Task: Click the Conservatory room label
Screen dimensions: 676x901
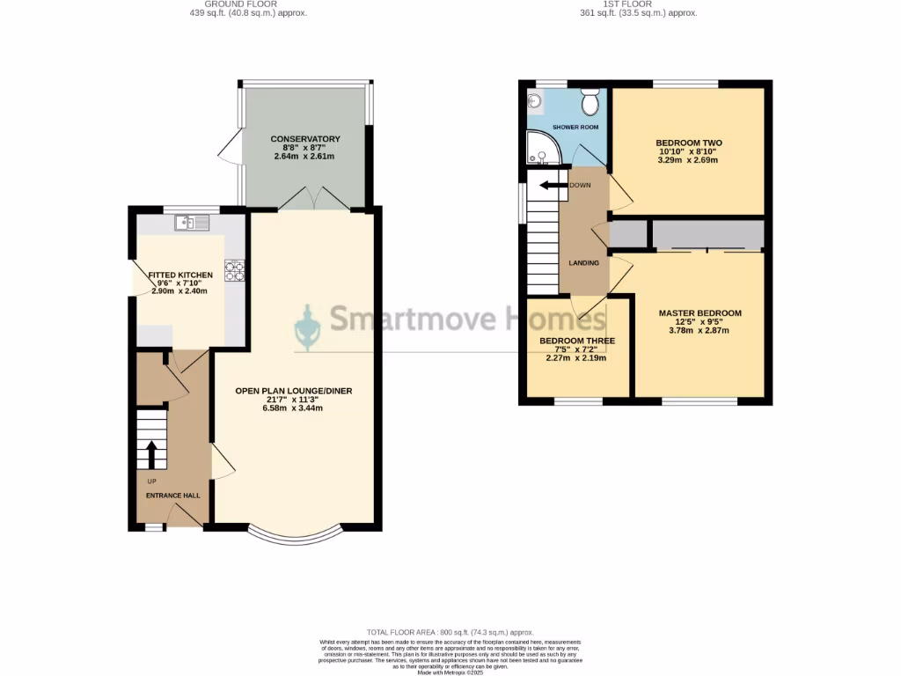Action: point(305,139)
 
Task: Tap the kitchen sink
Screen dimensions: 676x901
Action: point(192,223)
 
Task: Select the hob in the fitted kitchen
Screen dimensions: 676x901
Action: point(234,271)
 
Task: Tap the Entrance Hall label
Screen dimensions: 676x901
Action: point(172,496)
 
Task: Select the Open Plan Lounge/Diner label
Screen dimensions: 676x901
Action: point(293,391)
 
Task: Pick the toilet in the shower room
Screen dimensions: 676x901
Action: point(590,104)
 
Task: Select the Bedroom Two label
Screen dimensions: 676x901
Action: point(688,143)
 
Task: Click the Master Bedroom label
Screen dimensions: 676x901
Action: point(700,313)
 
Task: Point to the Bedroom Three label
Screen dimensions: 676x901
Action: point(577,341)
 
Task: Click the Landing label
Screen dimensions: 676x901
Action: point(583,262)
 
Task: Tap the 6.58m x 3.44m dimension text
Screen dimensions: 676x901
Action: point(293,408)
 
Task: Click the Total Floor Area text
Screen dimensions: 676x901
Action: point(450,633)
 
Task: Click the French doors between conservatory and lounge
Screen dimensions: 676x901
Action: point(314,199)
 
